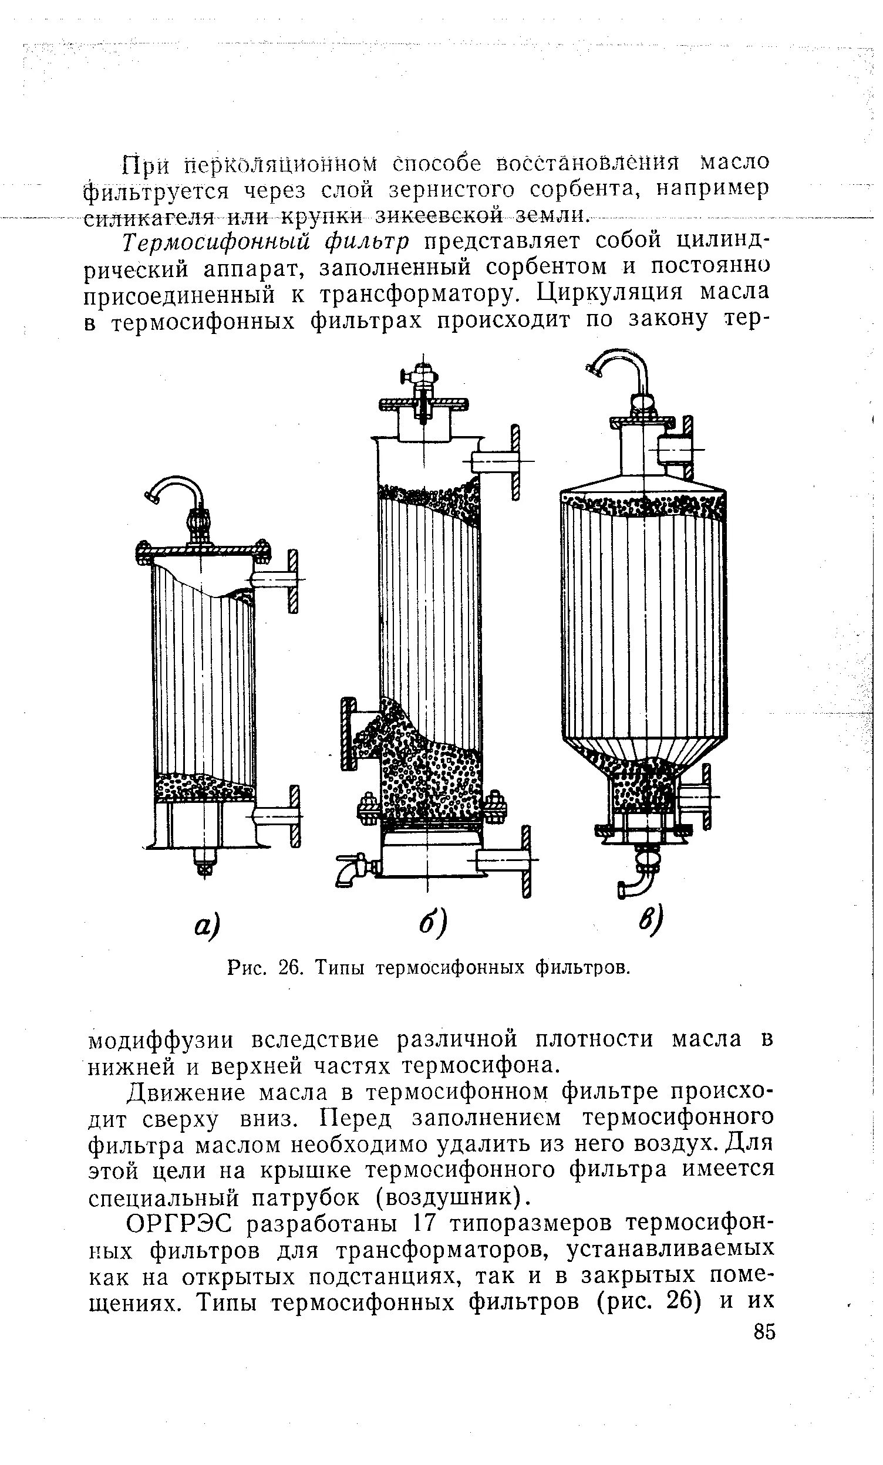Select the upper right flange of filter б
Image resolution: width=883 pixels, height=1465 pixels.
pos(514,461)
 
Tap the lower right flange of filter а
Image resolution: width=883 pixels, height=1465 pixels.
pos(293,815)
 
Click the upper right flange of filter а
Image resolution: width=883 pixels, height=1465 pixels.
pos(292,580)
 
